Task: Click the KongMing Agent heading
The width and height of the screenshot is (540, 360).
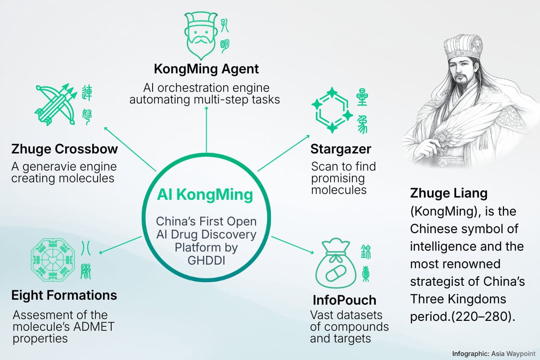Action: point(207,69)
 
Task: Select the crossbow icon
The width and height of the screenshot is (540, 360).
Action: point(55,103)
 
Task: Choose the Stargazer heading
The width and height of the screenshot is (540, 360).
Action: point(341,148)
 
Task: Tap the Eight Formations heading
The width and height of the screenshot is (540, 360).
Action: point(64,295)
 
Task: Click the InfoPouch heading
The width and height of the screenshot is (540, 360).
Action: point(344,300)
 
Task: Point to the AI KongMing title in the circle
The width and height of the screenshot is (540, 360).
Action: point(205,195)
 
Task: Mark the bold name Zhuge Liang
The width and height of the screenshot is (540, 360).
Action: point(449,193)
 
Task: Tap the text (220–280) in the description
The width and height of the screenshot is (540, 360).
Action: point(486,316)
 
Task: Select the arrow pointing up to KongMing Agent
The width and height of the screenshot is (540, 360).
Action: point(207,126)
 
